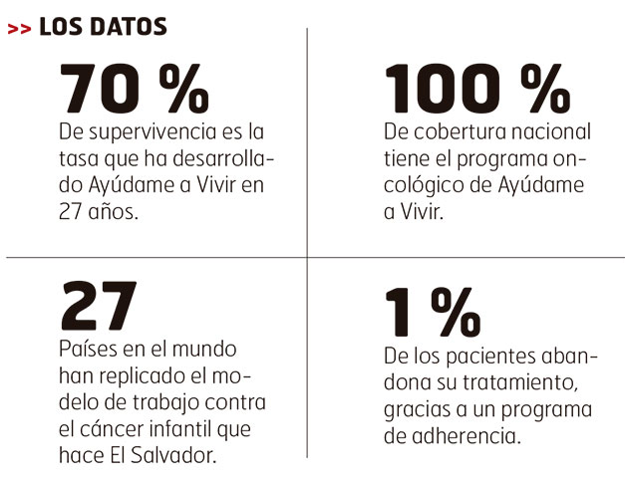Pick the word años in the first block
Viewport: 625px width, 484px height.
pyautogui.click(x=110, y=211)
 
